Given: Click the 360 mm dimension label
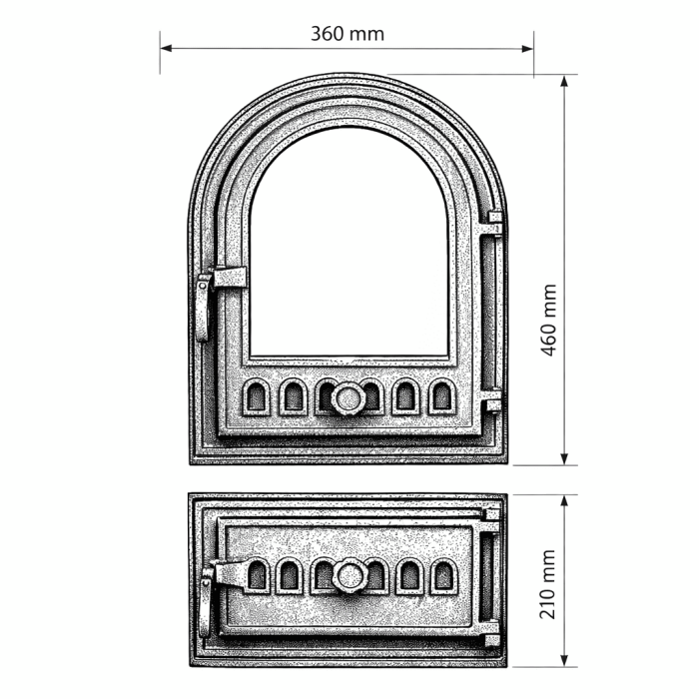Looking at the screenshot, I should (x=347, y=33).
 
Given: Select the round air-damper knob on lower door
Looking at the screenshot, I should (x=349, y=576).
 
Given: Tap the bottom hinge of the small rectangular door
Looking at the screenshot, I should (x=489, y=636).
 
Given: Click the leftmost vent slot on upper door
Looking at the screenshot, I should (x=257, y=398).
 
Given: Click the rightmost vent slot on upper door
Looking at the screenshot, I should (x=441, y=398).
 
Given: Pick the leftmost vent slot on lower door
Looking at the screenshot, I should (x=258, y=575).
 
